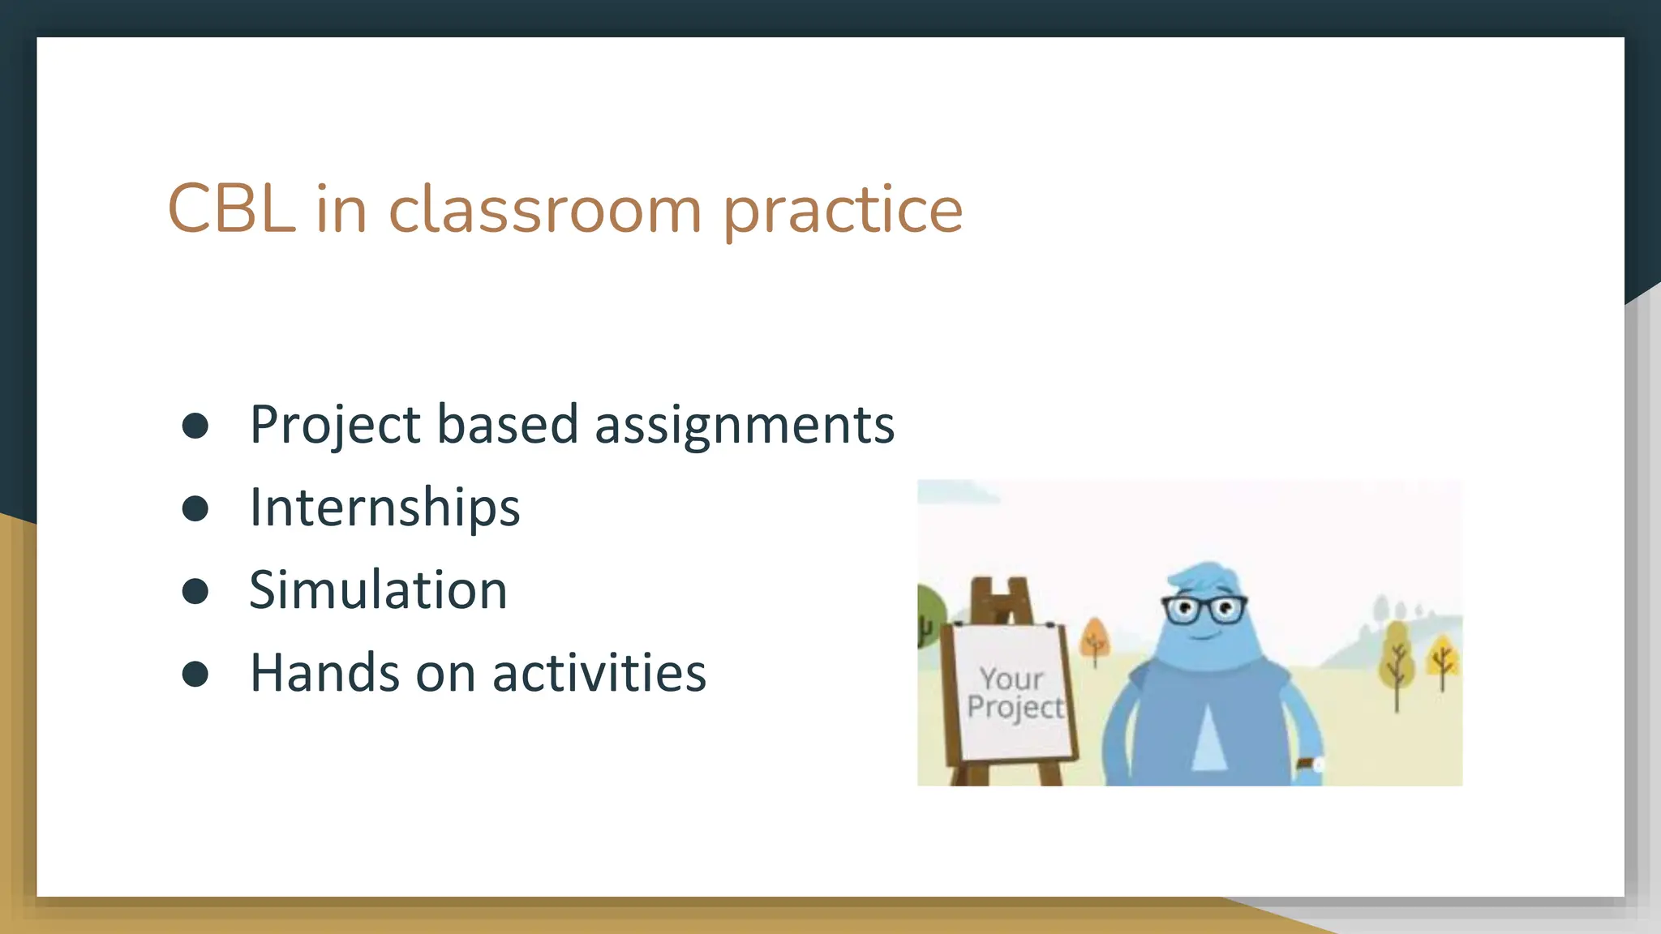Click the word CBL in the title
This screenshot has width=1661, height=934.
[231, 209]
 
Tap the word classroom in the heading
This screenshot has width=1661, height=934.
[544, 209]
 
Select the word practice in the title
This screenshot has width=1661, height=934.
[842, 211]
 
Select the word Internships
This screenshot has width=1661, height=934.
[384, 508]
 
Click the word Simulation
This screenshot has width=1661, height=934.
[378, 590]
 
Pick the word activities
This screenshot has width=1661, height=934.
[599, 673]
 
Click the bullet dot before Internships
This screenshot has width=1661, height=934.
[195, 509]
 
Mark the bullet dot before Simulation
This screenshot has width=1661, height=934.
[195, 592]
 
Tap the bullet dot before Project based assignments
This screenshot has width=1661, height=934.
[195, 426]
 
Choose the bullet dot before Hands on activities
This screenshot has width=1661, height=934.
[195, 674]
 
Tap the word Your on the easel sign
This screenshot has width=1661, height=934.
[1011, 678]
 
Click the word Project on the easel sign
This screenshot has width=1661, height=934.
[1015, 707]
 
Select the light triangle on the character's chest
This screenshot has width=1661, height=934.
[1209, 738]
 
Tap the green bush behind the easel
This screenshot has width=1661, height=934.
[930, 616]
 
